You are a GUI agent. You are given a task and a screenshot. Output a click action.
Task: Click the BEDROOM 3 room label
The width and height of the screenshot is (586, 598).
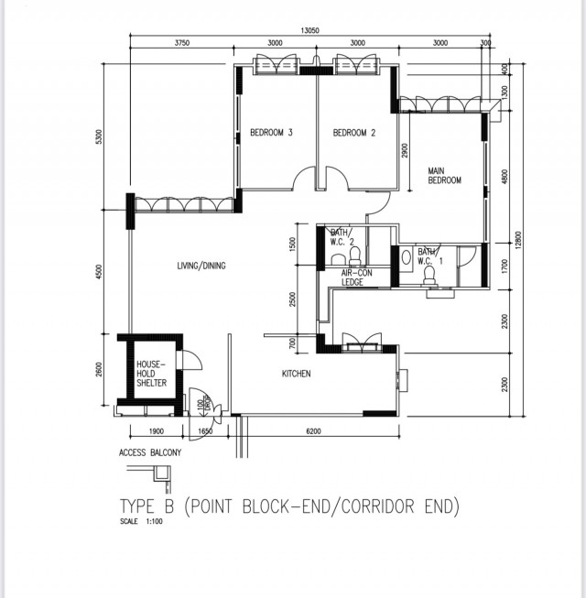(x=271, y=133)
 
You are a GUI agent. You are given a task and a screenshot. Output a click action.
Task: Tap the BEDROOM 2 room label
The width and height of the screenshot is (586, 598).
(x=354, y=133)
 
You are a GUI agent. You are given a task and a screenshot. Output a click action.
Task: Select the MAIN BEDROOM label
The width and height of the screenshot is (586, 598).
(x=444, y=175)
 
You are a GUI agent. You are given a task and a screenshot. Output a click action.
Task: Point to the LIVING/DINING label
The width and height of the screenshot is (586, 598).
(x=201, y=266)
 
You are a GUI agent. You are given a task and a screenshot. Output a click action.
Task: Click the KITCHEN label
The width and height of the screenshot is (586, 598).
(x=296, y=374)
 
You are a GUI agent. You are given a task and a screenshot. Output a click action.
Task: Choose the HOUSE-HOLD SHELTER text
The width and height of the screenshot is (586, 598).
(x=152, y=373)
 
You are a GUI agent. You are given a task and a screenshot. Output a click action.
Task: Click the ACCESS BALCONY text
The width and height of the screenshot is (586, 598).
(x=150, y=453)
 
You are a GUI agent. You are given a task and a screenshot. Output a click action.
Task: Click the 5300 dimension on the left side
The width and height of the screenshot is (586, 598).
(x=98, y=136)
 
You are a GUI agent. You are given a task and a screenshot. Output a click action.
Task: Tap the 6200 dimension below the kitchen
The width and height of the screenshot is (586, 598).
(x=313, y=430)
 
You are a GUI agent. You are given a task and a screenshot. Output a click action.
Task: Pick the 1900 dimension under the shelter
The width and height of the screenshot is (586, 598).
(x=155, y=430)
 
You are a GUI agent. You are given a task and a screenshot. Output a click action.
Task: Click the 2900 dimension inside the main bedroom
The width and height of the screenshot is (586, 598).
(x=404, y=151)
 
